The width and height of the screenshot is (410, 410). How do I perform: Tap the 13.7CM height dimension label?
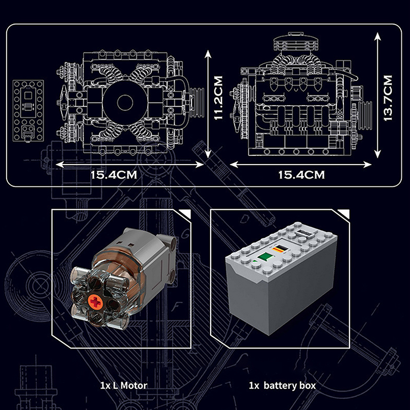[388, 98]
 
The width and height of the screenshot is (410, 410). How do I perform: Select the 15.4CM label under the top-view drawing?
[114, 174]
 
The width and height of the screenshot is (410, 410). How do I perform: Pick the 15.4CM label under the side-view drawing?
[301, 174]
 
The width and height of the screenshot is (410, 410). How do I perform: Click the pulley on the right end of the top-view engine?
[196, 99]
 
